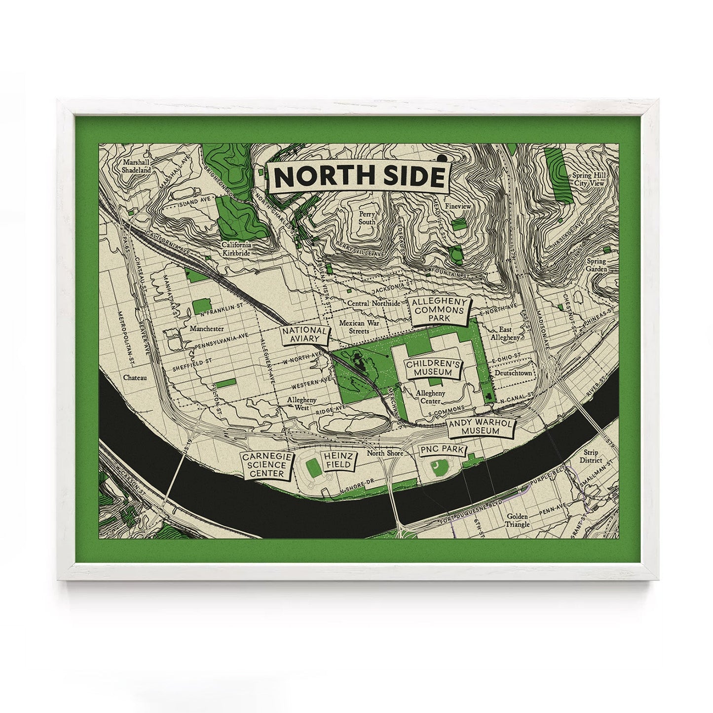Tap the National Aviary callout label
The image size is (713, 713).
click(304, 335)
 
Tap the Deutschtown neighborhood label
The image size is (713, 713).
click(514, 373)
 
